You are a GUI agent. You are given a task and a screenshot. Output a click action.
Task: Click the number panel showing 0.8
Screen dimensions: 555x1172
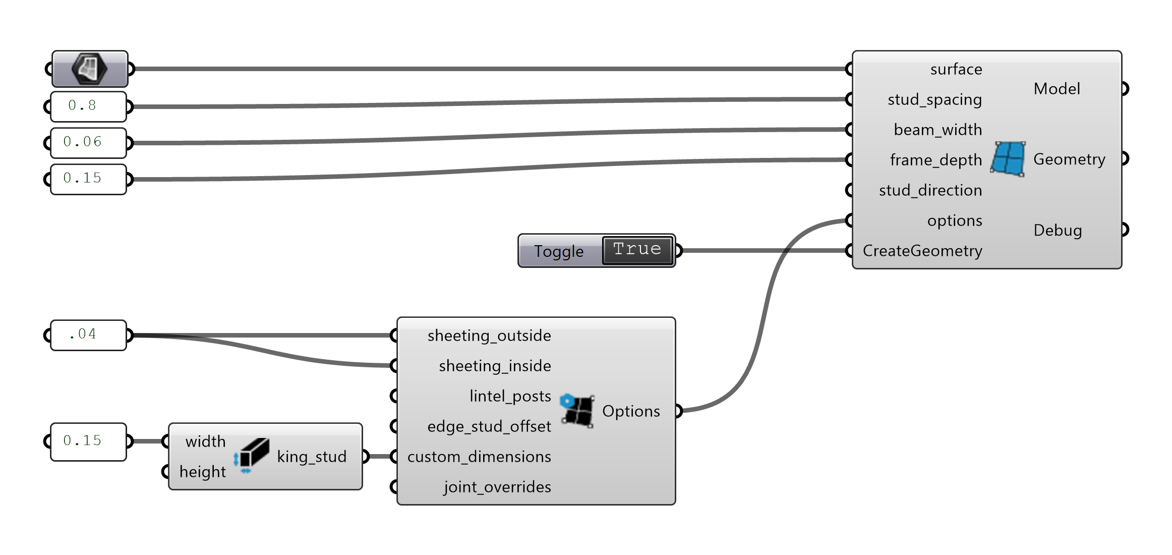point(88,106)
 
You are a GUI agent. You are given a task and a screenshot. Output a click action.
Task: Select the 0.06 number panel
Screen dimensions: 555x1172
point(88,143)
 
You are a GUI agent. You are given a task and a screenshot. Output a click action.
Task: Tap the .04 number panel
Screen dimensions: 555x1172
point(88,335)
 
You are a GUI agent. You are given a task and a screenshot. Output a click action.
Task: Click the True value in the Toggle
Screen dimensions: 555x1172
point(637,250)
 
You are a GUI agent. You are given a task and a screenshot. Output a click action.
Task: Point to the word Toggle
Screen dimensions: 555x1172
point(559,251)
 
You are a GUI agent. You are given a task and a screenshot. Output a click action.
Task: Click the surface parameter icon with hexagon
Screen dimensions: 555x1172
point(89,69)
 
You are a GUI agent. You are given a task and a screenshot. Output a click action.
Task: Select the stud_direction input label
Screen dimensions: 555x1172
point(930,190)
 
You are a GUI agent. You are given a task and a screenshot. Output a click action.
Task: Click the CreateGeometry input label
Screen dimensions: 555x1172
point(922,251)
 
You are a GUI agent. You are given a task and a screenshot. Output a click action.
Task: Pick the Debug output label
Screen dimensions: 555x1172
point(1058,230)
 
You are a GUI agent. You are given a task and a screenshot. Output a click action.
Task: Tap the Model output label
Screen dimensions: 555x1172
point(1057,89)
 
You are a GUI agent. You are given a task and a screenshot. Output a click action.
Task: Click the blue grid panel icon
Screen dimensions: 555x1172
point(1008,159)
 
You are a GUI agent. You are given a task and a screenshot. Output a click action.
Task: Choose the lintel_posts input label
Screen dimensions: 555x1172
point(510,396)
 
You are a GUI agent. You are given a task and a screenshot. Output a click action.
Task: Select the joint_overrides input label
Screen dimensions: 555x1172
point(497,487)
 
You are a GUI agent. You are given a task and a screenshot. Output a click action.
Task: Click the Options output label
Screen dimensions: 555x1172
point(631,411)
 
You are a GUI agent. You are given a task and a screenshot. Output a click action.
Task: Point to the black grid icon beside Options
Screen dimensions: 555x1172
point(578,411)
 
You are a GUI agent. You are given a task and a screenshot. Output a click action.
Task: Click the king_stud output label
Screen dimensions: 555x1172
point(312,457)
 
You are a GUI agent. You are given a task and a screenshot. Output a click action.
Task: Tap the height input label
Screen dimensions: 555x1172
point(203,472)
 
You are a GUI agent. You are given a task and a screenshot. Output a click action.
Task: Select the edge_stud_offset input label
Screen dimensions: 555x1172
point(489,426)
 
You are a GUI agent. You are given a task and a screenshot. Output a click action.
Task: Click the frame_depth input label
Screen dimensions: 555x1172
point(935,160)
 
